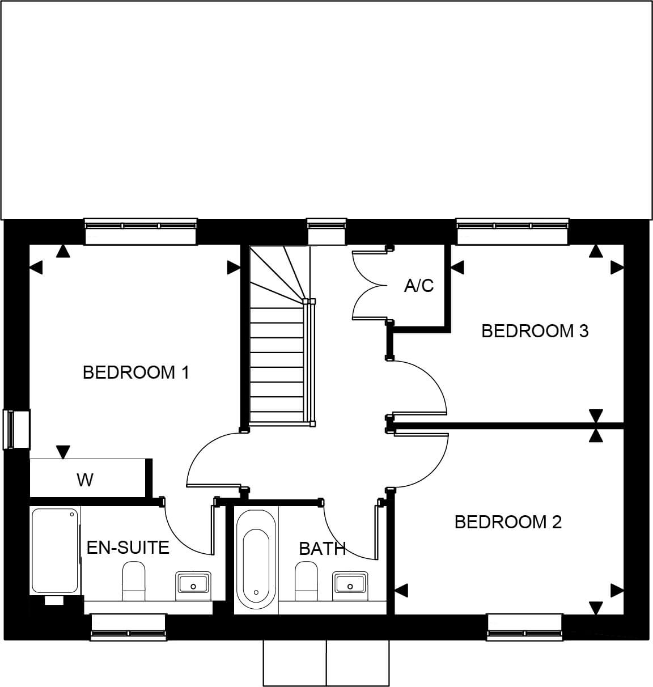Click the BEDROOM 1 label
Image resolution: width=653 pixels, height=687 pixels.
click(x=136, y=372)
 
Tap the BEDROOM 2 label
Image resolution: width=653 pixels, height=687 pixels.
click(x=508, y=522)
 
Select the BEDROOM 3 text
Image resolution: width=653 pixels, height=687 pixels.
click(x=535, y=331)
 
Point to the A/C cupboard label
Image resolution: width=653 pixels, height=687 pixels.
click(x=419, y=286)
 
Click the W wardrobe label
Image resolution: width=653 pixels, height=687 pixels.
click(x=85, y=480)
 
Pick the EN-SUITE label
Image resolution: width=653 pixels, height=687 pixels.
click(x=128, y=548)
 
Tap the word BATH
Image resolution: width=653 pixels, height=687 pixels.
click(x=323, y=549)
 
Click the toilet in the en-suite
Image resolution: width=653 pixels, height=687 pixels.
click(x=134, y=582)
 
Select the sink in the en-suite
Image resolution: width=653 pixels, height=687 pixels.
click(x=193, y=586)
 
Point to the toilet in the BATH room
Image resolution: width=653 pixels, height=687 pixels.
click(x=306, y=582)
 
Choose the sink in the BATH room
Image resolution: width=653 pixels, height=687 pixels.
click(x=350, y=586)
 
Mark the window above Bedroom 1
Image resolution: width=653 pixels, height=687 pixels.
click(x=141, y=231)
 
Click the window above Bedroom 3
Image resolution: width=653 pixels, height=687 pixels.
click(x=513, y=231)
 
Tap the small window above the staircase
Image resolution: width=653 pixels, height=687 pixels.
click(x=326, y=231)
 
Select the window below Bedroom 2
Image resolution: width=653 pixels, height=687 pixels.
click(x=525, y=627)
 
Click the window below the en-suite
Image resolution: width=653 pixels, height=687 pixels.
click(x=129, y=627)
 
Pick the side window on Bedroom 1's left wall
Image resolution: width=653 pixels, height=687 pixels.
click(x=16, y=430)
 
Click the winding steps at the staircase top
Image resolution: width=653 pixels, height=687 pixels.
click(x=279, y=276)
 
